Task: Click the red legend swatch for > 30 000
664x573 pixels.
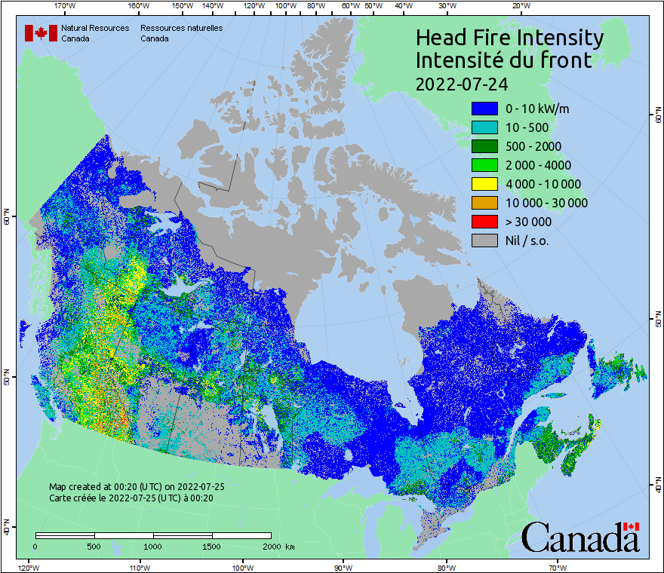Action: [x=484, y=222]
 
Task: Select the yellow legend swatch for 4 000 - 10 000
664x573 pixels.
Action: [x=484, y=184]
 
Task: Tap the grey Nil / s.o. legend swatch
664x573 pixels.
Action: [x=484, y=241]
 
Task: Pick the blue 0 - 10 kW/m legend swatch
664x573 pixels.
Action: [x=484, y=109]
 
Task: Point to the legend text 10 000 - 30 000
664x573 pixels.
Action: [x=546, y=203]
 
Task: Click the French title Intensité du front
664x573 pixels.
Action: [x=504, y=60]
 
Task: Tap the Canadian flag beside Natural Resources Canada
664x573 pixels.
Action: [x=41, y=33]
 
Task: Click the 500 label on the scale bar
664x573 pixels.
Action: [x=94, y=546]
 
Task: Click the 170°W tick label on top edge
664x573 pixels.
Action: [x=66, y=6]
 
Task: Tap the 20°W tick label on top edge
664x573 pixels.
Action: [x=520, y=6]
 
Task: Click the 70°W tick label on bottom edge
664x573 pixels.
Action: [x=556, y=567]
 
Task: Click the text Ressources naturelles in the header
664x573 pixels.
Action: [x=181, y=28]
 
